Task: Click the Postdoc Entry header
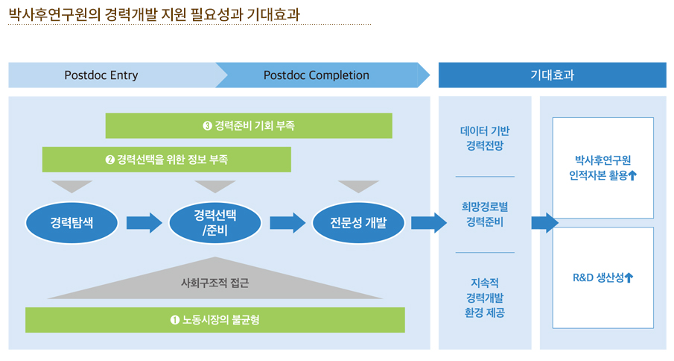pos(112,75)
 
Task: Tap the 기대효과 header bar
pos(553,75)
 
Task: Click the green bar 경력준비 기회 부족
pos(249,125)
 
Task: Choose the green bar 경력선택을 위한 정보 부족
pos(166,160)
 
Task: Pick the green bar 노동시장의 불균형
pos(215,320)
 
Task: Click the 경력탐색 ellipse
pos(71,223)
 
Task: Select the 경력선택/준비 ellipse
pos(215,223)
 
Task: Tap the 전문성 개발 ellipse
pos(358,223)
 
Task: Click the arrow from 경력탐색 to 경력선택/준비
pos(144,223)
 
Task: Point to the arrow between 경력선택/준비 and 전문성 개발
pos(287,223)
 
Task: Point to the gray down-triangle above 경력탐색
pos(71,186)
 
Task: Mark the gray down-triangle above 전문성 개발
pos(358,186)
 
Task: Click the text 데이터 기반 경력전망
pos(485,138)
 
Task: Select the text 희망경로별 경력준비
pos(485,214)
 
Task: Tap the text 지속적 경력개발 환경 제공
pos(485,298)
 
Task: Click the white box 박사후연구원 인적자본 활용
pos(603,168)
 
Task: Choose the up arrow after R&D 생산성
pos(629,278)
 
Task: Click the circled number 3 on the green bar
pos(207,125)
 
